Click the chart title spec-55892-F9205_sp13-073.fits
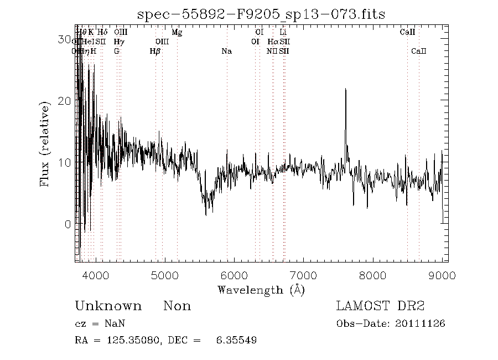coord(261,13)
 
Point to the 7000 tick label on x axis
coord(303,276)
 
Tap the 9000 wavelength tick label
coord(442,276)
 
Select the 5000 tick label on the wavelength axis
coord(164,276)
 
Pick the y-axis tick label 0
coord(68,224)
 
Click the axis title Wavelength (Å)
coord(261,290)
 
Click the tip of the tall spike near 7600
coord(346,89)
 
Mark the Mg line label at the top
coord(177,32)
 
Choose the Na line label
coord(226,52)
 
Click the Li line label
coord(283,32)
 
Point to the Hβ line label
coord(155,52)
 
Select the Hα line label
coord(273,42)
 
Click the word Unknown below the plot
coord(108,306)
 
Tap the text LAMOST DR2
coord(380,306)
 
